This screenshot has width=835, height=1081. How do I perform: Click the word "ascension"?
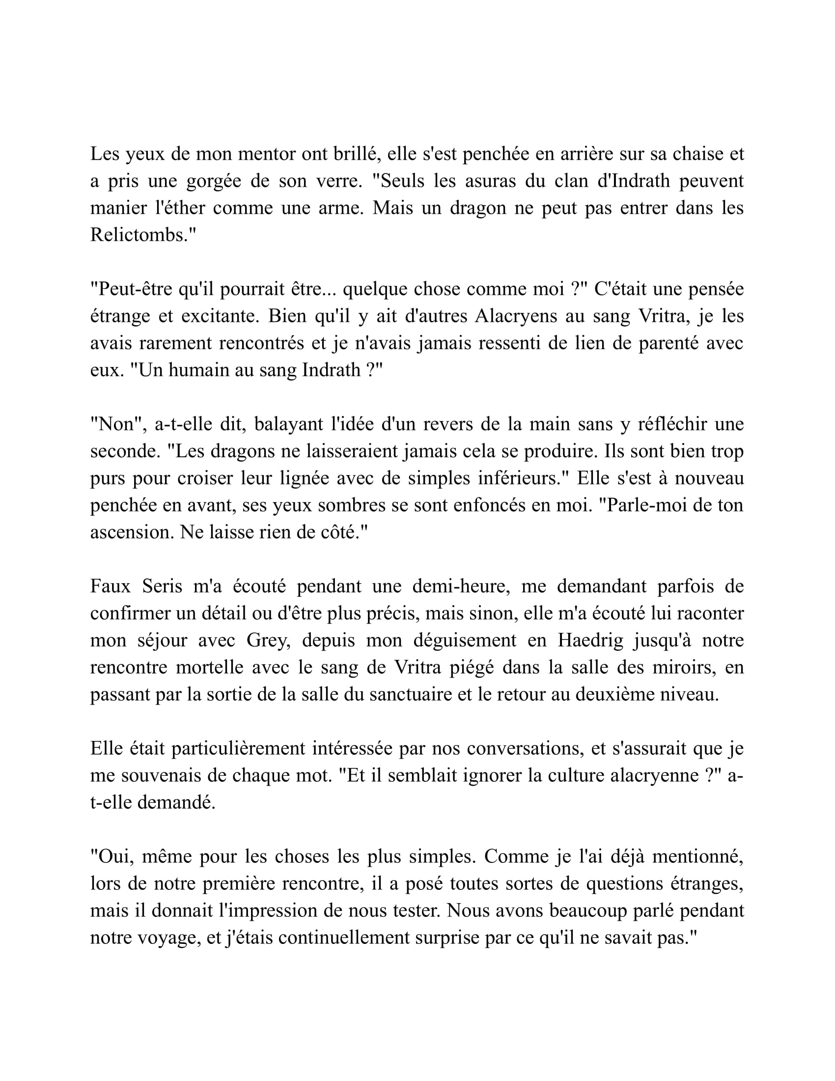(x=131, y=532)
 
